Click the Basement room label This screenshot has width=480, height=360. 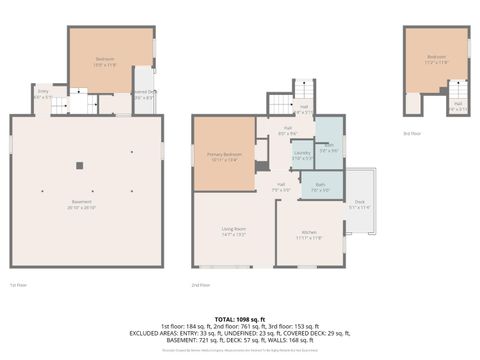pos(86,206)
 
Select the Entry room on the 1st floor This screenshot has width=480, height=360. pos(43,93)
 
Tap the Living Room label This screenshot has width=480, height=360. pos(234,232)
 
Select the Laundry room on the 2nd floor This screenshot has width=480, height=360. pos(302,155)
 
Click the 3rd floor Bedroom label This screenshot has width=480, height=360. pos(436,59)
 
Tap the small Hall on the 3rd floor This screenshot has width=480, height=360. pos(457,106)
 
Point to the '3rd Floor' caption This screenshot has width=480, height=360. pos(412,132)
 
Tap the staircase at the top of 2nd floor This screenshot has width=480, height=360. pos(279,103)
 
